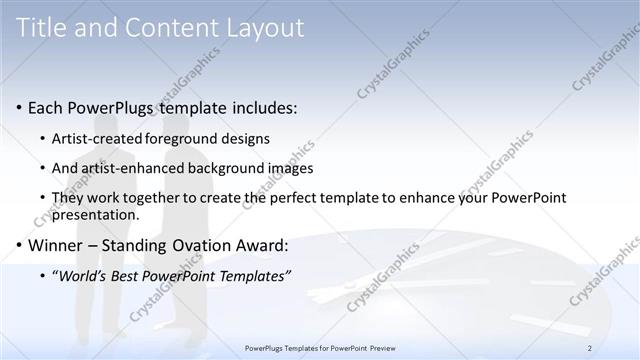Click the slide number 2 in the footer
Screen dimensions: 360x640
coord(590,348)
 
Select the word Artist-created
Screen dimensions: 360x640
coord(96,138)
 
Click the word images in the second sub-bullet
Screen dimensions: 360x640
coord(290,168)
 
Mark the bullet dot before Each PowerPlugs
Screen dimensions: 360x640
coord(19,108)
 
